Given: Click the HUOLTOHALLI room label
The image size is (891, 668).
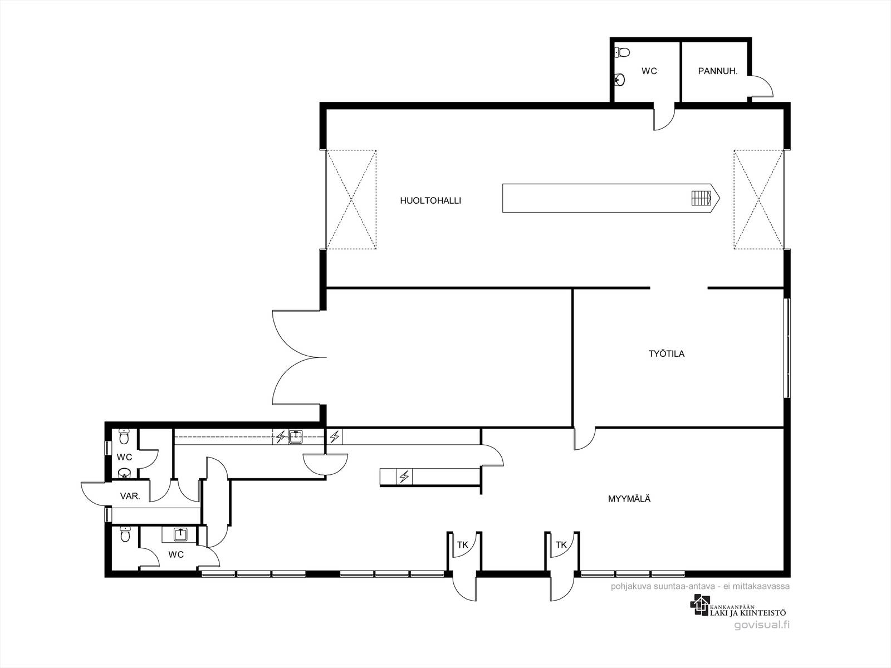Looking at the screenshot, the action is point(430,201).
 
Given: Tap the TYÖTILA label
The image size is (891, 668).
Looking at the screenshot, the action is point(667,353).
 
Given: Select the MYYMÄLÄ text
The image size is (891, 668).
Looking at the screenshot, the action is point(629,499).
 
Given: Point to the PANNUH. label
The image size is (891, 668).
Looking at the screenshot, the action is point(718,71).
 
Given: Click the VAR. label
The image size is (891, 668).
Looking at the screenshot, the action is point(130,496).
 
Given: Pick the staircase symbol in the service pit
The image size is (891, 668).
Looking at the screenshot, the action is point(702,198).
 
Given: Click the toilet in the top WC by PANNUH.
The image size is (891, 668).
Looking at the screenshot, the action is point(622,52).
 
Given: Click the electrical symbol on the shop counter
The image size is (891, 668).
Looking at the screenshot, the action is point(404,477).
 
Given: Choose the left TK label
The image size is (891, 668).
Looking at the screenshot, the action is point(462,545).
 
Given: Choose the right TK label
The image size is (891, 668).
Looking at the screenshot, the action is point(561,545).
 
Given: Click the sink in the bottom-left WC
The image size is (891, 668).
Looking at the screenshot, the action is point(179,534).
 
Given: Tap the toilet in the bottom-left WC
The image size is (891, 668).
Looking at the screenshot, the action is point(125,534).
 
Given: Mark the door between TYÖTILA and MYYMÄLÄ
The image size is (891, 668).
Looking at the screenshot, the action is point(585,439).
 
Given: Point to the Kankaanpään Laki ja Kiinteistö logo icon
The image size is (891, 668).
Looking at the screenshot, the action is point(700,605).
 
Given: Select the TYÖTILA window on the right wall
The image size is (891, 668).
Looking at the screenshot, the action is point(787,347).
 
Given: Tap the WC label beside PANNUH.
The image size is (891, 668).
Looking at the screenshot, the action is point(649,71).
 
